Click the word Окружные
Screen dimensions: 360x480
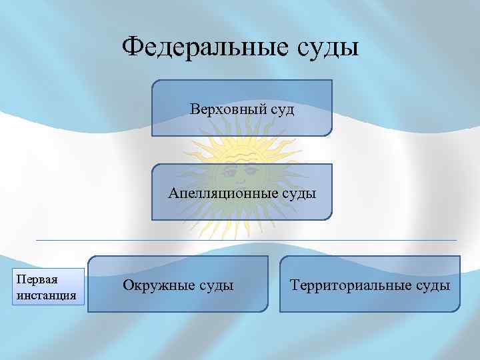pos(159,286)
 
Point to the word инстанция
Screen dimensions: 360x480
pos(47,294)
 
